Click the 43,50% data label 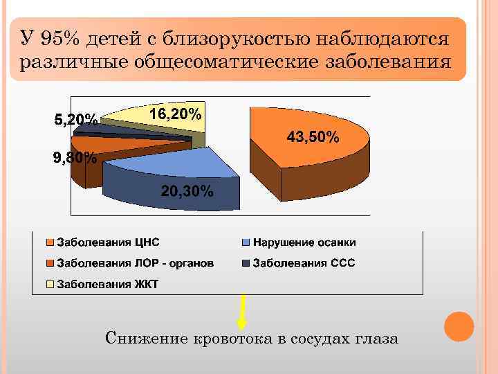point(313,138)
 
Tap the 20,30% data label point(187,191)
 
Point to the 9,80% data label point(75,157)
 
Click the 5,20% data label point(75,120)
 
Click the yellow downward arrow point(242,312)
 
